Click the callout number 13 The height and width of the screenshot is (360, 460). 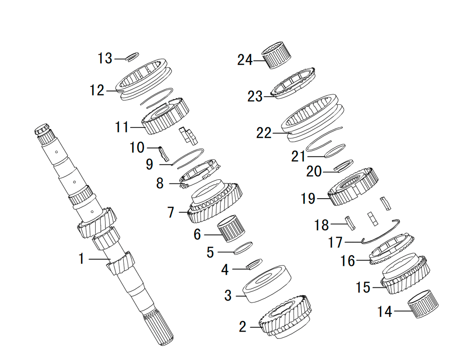coord(105,58)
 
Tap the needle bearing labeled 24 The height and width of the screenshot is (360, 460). coord(276,55)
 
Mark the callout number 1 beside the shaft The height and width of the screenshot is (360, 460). coord(81,259)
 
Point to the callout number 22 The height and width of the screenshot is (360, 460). coord(264,133)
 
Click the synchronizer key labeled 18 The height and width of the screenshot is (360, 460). coord(351,223)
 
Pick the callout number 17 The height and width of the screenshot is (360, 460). coord(335,242)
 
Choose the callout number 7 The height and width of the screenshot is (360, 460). coord(171,212)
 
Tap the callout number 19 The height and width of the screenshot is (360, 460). coord(308,199)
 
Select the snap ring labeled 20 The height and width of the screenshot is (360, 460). coord(344,166)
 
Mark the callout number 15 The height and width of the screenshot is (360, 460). coord(363,287)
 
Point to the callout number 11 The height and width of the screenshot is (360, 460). coord(122,127)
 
